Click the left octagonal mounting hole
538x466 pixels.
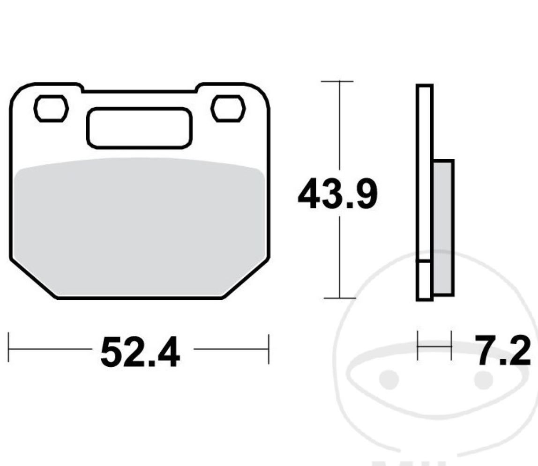51,109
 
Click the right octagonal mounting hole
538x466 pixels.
228,109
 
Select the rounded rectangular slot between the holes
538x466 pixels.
139,128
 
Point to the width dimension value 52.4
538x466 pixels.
140,353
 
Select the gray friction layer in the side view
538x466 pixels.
443,228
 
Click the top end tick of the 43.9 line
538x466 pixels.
337,81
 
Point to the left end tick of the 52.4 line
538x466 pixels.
8,348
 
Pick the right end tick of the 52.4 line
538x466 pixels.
269,349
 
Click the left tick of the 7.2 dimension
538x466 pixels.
418,346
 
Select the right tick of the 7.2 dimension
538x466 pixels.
451,346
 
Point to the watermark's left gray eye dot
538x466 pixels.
389,379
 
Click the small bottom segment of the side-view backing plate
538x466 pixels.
424,280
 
